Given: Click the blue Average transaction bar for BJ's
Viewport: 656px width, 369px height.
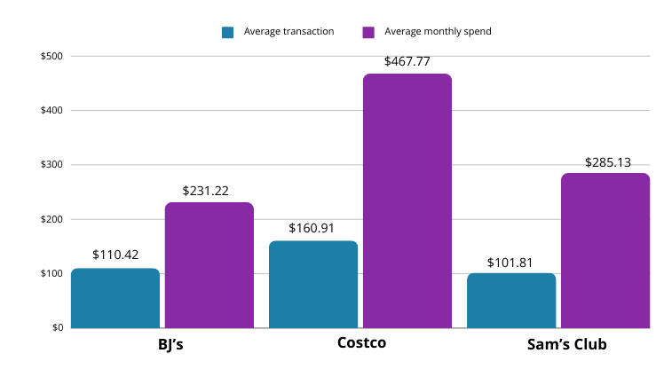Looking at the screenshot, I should pos(115,298).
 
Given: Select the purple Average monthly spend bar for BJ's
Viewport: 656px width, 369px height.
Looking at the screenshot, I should pos(209,265).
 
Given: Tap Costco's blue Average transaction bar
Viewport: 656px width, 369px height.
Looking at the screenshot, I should pos(313,284).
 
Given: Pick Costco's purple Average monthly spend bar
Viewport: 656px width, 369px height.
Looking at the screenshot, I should pos(407,200).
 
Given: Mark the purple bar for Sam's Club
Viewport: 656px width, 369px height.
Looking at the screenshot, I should pos(605,250).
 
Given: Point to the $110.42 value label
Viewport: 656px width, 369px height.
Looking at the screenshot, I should pos(115,255).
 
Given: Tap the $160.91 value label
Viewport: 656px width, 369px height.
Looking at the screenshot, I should pos(312,228).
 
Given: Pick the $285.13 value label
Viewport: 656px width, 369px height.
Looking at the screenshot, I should pos(607,162).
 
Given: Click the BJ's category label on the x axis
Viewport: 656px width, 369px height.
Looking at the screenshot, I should pos(163,344).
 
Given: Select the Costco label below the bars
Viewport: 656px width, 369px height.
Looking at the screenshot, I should pos(361,343).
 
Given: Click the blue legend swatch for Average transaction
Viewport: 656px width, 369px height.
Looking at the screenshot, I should pos(228,32).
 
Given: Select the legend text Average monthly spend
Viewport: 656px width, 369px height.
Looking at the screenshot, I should pos(438,32).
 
